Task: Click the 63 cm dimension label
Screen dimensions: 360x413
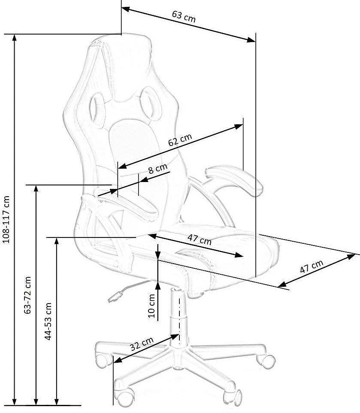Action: (184, 16)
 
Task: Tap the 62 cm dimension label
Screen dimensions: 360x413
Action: (180, 140)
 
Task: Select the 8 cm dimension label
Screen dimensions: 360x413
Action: (158, 169)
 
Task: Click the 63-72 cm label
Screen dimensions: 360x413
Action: (27, 295)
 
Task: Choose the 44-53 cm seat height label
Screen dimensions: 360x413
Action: (48, 321)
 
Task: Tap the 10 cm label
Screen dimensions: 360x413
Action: (151, 306)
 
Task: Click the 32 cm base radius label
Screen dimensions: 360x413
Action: (142, 344)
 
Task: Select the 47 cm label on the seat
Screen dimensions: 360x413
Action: (200, 240)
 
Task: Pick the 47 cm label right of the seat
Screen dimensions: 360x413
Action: (312, 266)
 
